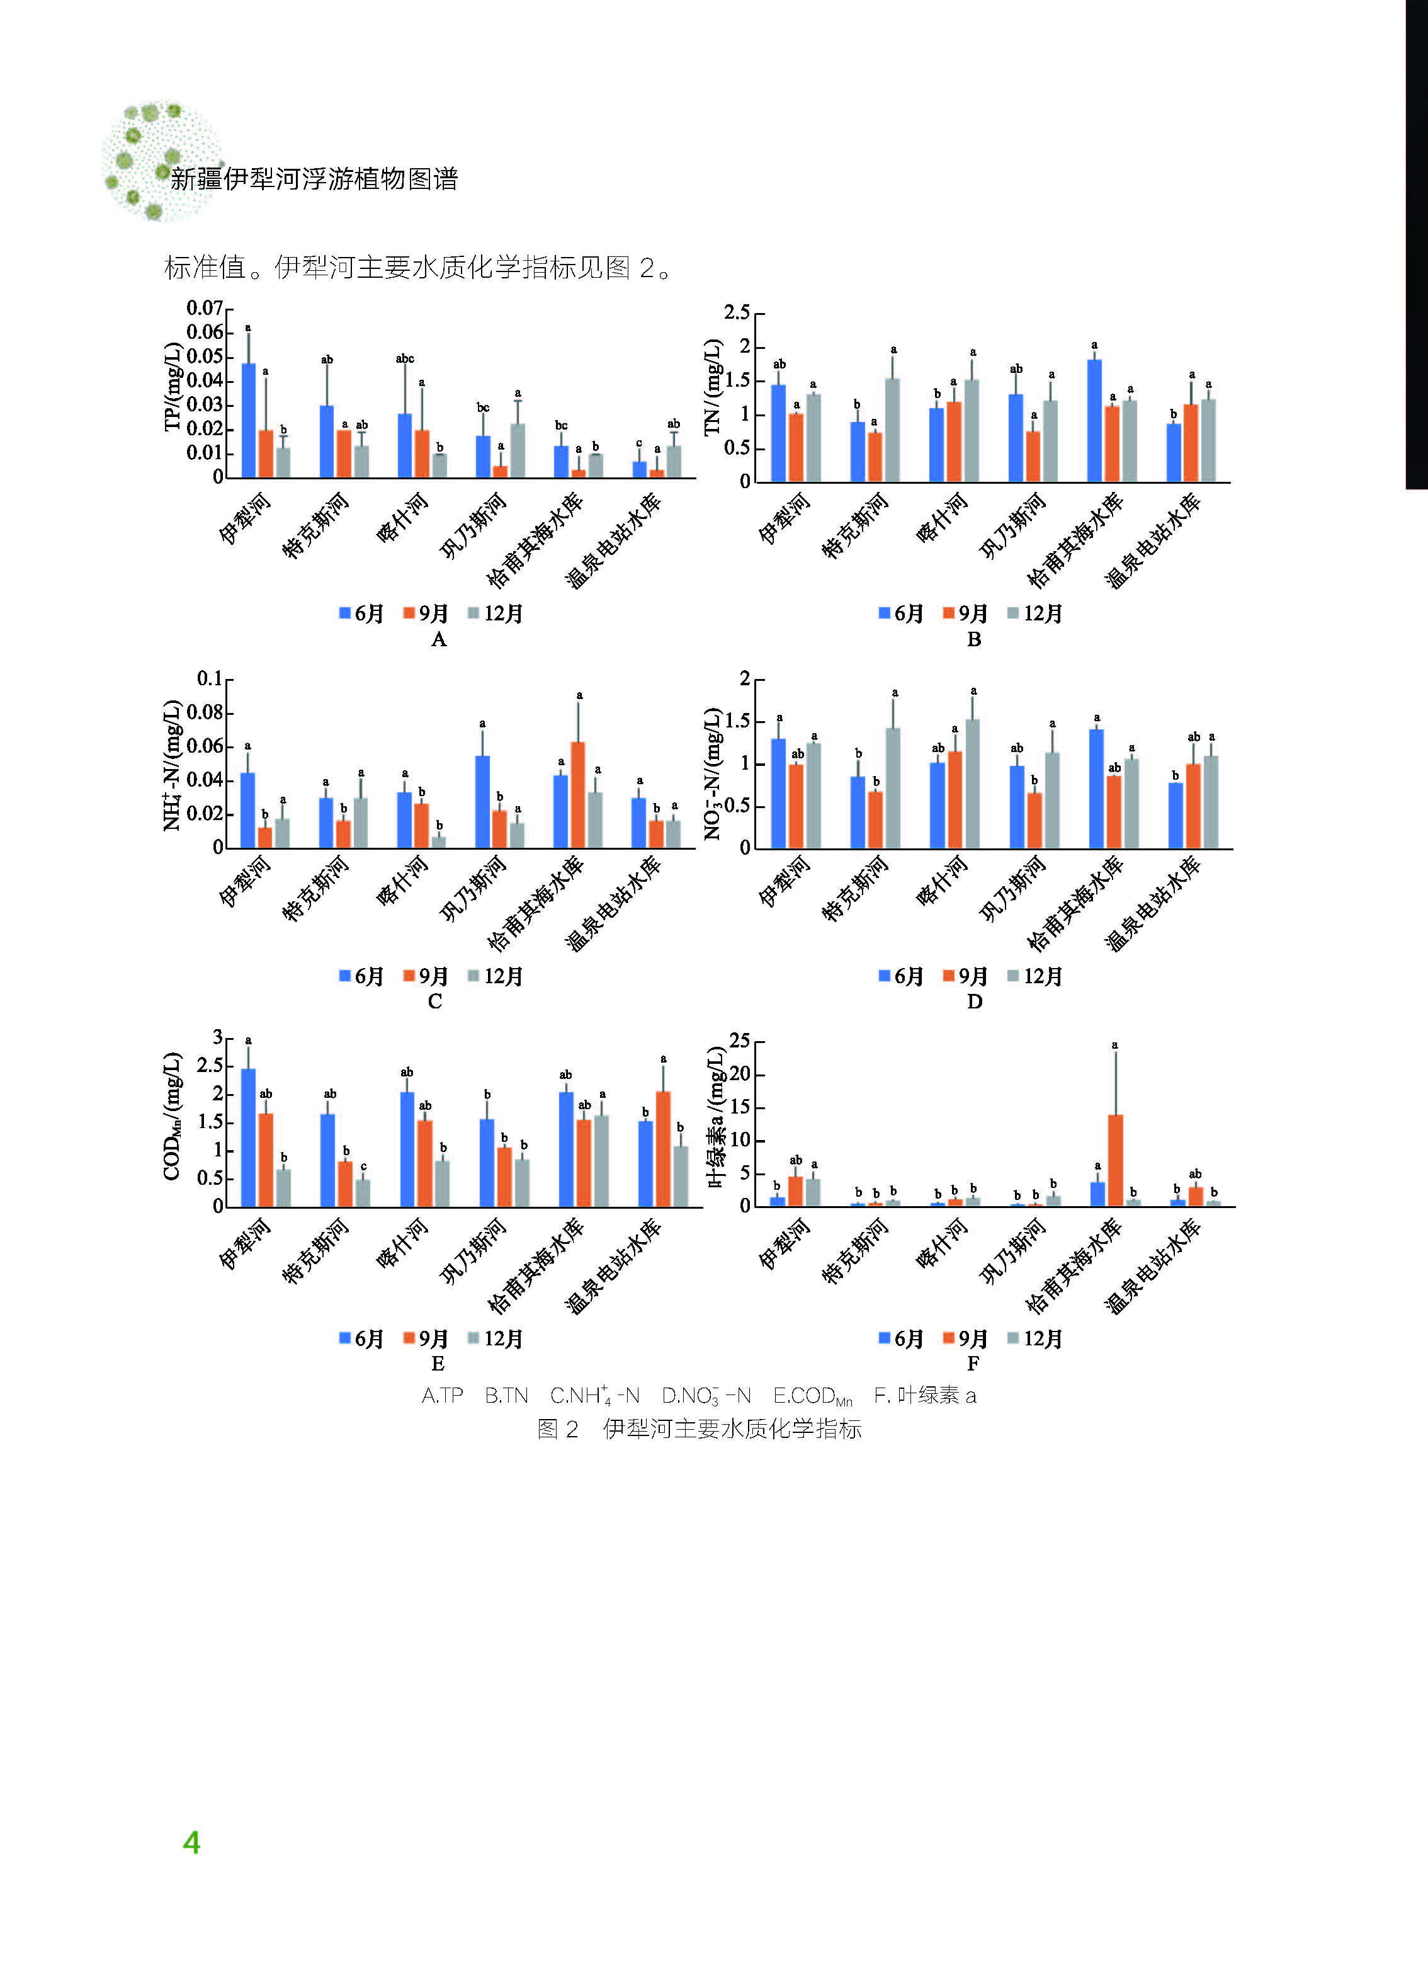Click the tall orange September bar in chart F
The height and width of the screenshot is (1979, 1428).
1115,1161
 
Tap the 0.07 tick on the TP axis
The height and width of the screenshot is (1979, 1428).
204,308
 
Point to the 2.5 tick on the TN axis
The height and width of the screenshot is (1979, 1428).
736,312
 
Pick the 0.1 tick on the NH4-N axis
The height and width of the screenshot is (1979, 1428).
210,678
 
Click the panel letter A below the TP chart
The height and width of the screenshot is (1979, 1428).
439,639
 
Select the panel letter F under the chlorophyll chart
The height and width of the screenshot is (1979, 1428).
973,1363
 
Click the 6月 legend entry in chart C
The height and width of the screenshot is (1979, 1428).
362,976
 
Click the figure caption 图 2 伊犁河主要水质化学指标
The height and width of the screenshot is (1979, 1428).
699,1429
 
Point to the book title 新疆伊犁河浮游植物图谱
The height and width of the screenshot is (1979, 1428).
314,179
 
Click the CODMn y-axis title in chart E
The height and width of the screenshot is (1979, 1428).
172,1116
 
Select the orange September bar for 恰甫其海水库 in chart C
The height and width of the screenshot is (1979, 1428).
577,795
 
